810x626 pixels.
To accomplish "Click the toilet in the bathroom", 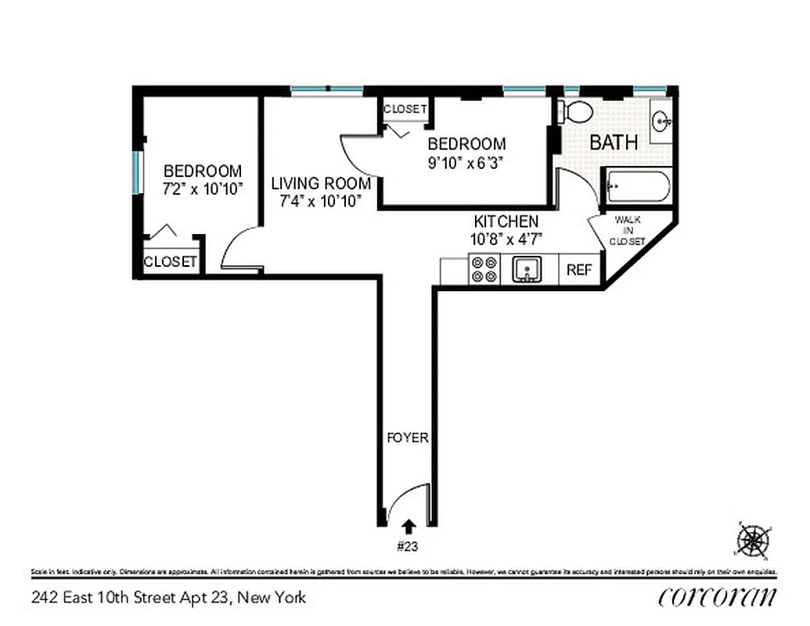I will tap(578, 111).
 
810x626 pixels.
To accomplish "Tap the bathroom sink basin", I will tap(662, 121).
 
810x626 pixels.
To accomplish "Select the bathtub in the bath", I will tap(636, 189).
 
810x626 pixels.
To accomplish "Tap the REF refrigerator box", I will tap(579, 270).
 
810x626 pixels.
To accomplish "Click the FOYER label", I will tap(408, 437).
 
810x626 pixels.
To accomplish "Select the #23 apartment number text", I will tap(408, 545).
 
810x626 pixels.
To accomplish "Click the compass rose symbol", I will tap(753, 539).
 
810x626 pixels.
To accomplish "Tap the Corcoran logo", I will tap(718, 597).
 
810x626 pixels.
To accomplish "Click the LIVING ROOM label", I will tap(321, 184).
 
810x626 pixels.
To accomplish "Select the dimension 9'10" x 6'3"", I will tap(464, 164).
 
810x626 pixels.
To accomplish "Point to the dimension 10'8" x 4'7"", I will tap(506, 239).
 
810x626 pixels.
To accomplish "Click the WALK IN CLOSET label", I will tap(628, 231).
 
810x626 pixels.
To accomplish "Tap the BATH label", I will tap(614, 142).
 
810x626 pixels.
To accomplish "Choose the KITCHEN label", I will tap(506, 221).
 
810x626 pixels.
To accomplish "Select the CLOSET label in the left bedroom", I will tap(171, 262).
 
